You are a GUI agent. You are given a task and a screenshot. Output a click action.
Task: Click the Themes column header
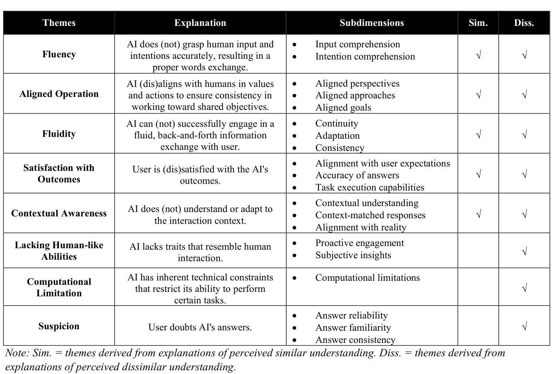[59, 23]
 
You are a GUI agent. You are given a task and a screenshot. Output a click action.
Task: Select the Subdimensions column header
[371, 23]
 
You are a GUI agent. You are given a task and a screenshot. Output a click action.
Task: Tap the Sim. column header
[478, 23]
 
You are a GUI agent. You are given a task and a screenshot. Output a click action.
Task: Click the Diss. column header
[524, 23]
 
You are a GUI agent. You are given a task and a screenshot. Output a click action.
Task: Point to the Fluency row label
[59, 54]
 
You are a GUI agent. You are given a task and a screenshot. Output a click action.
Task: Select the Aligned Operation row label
[59, 94]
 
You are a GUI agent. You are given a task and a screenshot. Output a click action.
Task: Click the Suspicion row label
[59, 326]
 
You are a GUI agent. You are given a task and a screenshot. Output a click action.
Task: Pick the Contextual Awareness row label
[59, 213]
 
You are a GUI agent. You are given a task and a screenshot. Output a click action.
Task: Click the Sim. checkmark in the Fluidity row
[478, 135]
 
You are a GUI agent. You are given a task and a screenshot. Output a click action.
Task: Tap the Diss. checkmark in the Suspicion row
[524, 327]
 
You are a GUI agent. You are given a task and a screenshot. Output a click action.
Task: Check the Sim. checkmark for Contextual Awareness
[478, 214]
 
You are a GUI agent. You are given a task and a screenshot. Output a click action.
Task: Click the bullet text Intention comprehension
[365, 57]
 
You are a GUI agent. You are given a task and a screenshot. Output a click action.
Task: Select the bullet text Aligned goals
[343, 108]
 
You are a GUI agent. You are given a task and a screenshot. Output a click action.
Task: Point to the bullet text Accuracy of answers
[357, 175]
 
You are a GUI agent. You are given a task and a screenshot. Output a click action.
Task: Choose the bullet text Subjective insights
[353, 255]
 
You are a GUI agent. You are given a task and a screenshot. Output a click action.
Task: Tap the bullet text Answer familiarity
[353, 328]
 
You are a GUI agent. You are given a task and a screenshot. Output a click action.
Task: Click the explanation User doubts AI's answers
[200, 327]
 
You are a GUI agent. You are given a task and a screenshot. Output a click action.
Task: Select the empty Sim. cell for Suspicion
[478, 326]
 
